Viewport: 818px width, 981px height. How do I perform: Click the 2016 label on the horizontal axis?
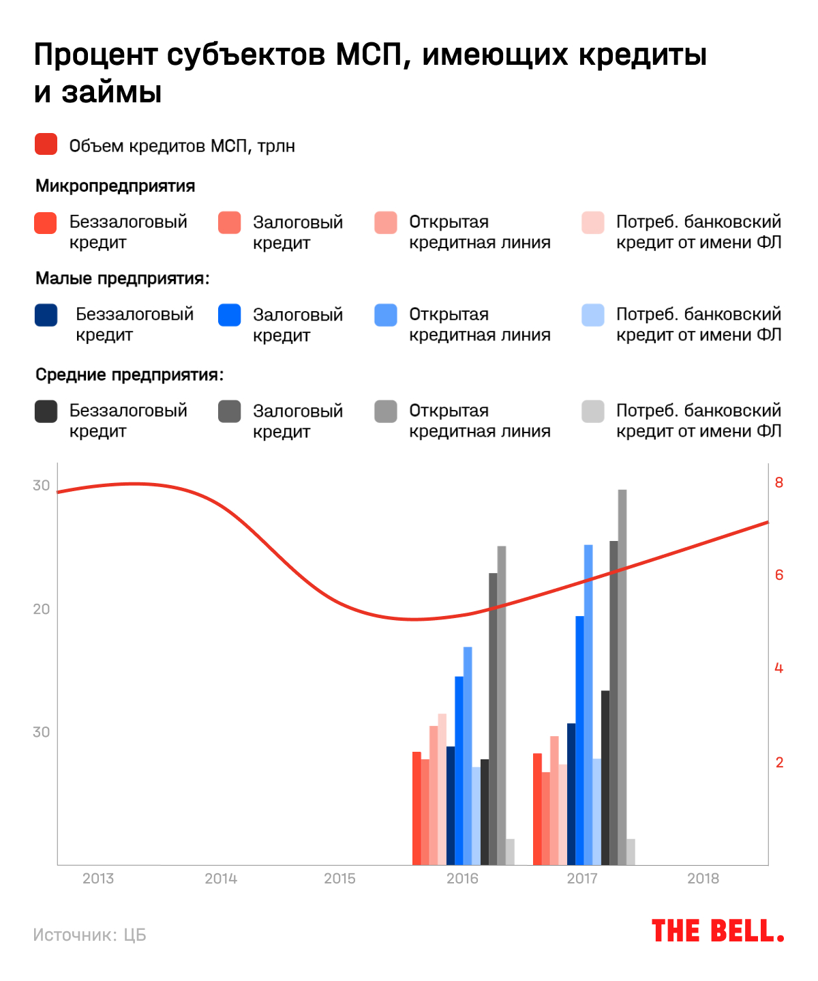pos(462,879)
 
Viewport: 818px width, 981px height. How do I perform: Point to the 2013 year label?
pos(98,879)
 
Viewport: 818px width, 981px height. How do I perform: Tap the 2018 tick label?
pos(703,879)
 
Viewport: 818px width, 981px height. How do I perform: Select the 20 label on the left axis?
pos(42,609)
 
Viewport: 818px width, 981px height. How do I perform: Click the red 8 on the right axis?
pos(779,483)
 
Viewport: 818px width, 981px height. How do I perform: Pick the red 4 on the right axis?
pos(779,669)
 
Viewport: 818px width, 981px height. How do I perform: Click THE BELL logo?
pos(717,931)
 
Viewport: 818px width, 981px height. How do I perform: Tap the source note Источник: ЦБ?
pos(89,935)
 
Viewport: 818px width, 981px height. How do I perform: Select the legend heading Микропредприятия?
pos(115,186)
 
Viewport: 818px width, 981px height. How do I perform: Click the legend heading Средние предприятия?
pos(130,375)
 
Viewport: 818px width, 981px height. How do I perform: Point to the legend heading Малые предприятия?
pos(123,278)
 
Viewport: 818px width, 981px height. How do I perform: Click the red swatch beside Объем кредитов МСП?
pos(46,145)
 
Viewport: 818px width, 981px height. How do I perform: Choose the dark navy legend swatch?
pos(46,315)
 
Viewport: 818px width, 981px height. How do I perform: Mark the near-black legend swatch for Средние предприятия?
pos(46,411)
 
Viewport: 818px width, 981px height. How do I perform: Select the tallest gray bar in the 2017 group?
pos(622,675)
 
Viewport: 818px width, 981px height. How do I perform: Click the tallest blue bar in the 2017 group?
pos(588,703)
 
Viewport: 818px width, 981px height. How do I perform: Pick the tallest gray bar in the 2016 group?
pos(502,703)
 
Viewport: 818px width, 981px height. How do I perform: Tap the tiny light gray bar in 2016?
pos(510,851)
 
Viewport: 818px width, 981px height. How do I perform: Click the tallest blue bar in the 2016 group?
pos(468,754)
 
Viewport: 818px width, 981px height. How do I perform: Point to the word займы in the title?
pos(111,92)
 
